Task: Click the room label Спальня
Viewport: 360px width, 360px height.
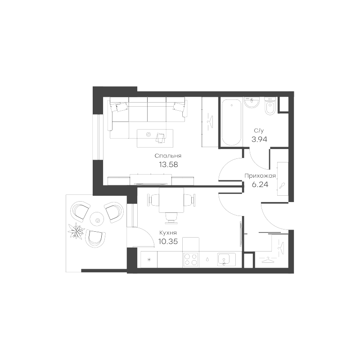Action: click(168, 156)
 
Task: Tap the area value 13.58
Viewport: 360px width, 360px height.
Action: click(168, 164)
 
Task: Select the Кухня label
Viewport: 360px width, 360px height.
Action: click(168, 233)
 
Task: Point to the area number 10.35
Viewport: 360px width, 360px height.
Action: click(168, 241)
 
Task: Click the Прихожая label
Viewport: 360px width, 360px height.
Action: click(260, 176)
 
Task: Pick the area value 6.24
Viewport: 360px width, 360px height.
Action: click(260, 184)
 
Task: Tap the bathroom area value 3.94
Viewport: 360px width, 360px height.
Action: click(260, 139)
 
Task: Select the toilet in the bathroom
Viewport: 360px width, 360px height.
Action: click(270, 106)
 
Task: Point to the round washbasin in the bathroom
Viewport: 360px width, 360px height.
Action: click(252, 102)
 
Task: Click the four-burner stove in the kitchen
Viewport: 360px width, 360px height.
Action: click(191, 260)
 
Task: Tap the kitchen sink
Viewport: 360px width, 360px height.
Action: click(226, 259)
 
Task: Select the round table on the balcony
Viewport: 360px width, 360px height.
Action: click(97, 219)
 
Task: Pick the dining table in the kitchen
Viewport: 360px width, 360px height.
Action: click(171, 200)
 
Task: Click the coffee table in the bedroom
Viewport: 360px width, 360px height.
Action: click(155, 138)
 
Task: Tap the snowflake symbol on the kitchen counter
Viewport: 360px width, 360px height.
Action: click(149, 260)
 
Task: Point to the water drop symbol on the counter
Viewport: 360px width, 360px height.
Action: click(207, 260)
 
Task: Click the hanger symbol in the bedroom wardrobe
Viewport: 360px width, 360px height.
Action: click(210, 121)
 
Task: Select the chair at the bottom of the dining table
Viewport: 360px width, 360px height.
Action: click(171, 218)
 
